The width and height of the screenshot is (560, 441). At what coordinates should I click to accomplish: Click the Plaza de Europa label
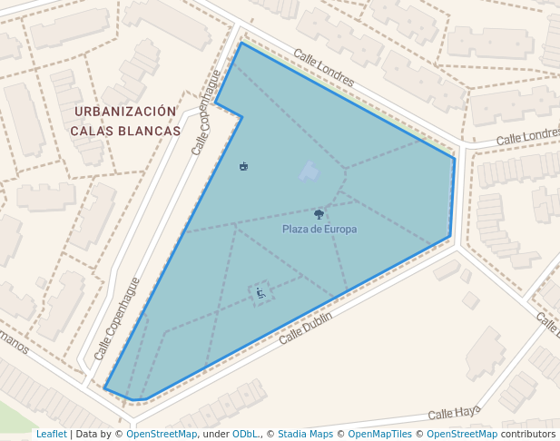(319, 230)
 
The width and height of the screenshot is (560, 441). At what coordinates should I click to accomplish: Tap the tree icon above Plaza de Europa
(319, 214)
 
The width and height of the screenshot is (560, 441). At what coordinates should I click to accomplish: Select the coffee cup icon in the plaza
(243, 166)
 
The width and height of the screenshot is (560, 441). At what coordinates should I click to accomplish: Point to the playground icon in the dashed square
(260, 292)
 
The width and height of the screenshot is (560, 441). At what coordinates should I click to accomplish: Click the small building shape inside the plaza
(309, 171)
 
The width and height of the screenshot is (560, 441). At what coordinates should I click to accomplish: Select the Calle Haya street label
(454, 413)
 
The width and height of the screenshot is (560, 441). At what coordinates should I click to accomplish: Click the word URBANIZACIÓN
(125, 112)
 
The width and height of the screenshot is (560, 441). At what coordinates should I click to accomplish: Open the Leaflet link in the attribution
(51, 434)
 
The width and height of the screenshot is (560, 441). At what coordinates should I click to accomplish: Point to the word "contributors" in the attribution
(528, 434)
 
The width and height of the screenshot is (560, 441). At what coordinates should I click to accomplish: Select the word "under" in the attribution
(216, 434)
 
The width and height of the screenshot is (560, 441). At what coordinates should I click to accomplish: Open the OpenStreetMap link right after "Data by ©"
(162, 434)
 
